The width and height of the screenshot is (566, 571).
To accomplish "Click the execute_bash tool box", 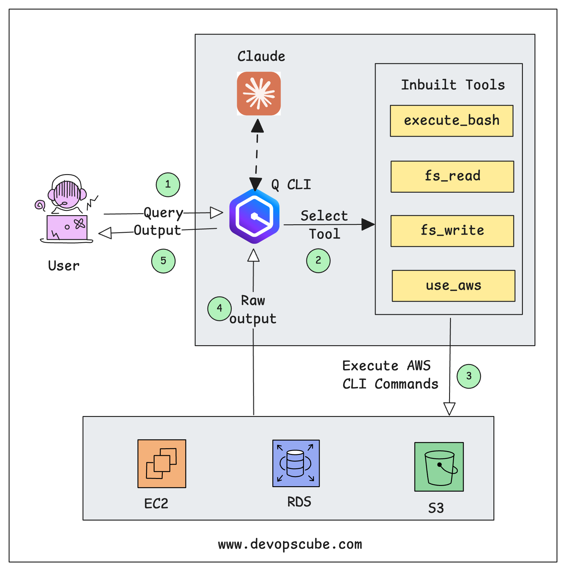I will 451,121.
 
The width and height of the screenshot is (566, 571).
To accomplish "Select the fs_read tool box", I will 452,177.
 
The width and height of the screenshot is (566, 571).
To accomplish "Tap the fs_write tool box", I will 452,231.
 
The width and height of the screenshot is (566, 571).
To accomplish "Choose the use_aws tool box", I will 453,286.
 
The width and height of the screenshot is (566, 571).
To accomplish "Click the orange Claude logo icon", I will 259,94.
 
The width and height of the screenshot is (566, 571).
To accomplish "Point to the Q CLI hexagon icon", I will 254,216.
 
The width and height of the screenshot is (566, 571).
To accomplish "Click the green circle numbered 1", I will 168,184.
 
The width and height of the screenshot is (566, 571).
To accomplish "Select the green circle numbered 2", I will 318,260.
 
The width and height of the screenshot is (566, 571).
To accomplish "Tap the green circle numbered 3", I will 469,376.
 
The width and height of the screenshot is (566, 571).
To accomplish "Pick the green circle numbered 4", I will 219,308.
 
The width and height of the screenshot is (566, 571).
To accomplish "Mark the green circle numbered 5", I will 163,261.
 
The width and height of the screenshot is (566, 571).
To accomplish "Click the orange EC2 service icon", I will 162,463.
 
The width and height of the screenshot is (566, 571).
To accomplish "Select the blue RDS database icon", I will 296,463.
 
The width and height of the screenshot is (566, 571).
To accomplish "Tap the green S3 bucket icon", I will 439,466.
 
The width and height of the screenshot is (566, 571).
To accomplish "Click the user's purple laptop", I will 67,228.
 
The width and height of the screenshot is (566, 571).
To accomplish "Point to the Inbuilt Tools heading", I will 453,85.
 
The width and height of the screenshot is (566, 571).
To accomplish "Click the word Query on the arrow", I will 163,213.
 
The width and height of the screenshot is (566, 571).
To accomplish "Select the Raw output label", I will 253,309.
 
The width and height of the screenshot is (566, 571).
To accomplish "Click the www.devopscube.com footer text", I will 290,544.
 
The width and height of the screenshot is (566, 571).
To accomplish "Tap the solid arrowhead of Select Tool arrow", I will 368,224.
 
